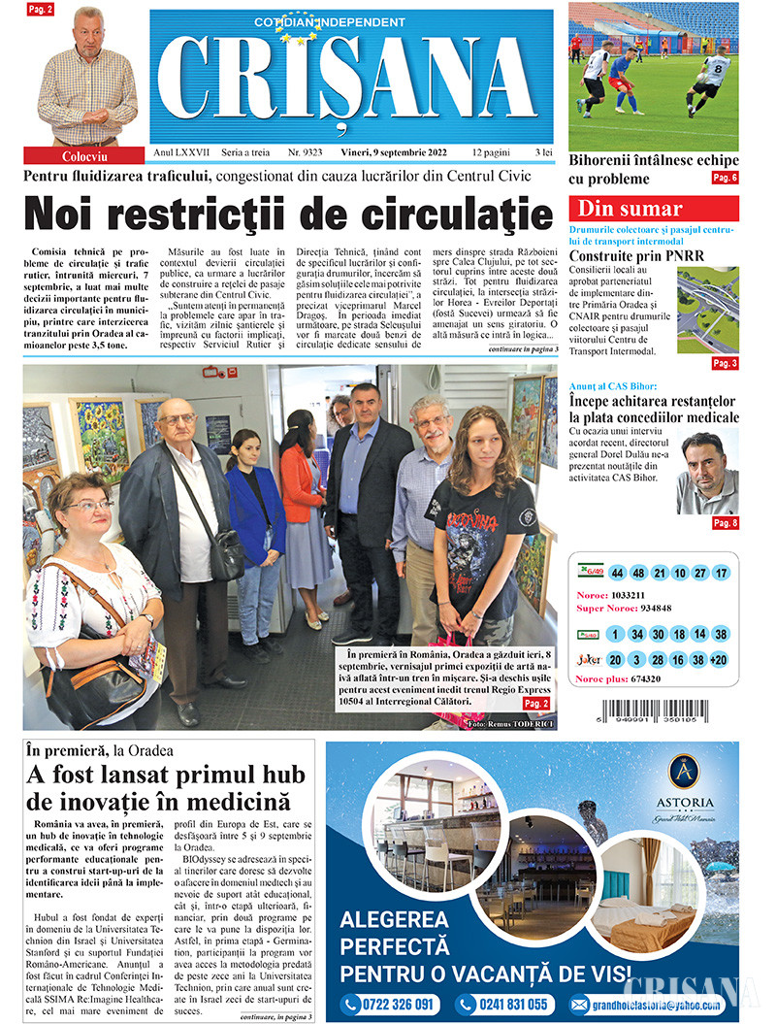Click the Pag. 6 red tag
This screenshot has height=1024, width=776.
pos(725,178)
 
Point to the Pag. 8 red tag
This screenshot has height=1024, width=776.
pos(725,523)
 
